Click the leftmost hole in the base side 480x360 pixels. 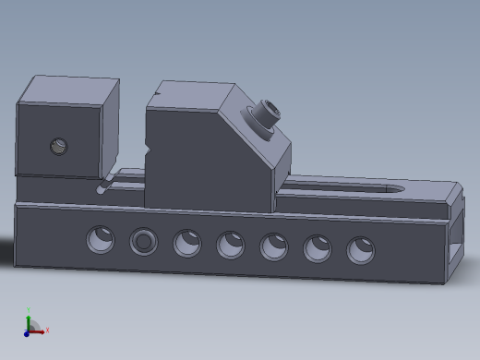pos(101,240)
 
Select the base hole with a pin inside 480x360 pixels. pos(143,242)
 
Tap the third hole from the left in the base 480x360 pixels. pos(186,244)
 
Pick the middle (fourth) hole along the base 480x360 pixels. pos(231,245)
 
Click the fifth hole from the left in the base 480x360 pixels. pos(274,246)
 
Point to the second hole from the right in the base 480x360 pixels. pos(318,248)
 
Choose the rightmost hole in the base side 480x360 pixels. pos(361,250)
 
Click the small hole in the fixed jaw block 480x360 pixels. pos(59,146)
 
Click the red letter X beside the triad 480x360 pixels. pos(47,330)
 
